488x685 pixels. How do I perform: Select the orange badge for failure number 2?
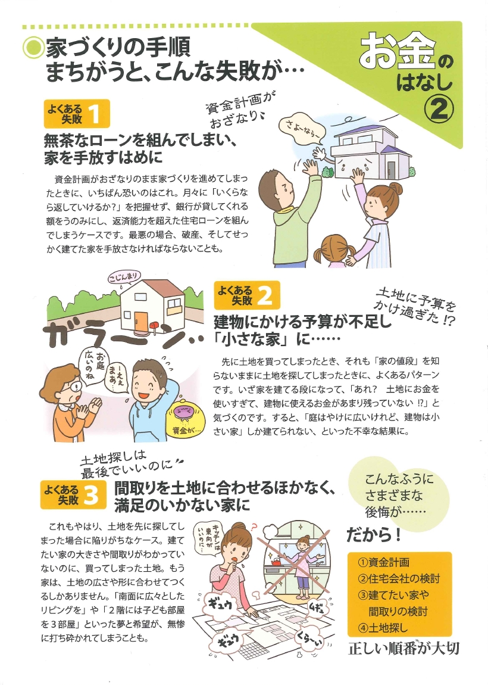[x=247, y=295]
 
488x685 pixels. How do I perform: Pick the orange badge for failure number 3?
[x=73, y=494]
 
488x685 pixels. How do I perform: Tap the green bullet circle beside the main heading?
[x=32, y=48]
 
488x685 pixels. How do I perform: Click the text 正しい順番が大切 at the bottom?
[x=403, y=648]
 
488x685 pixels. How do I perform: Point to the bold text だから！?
[x=374, y=534]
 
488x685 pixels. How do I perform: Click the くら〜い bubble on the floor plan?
[x=313, y=641]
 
